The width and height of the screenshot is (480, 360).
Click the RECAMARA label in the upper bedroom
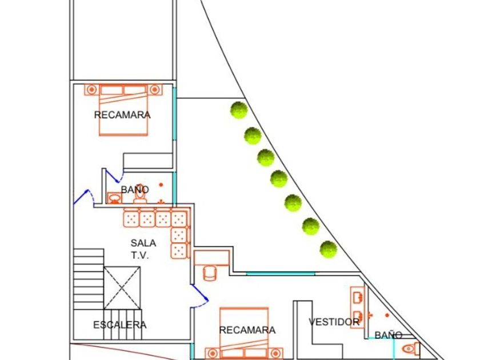coord(122,115)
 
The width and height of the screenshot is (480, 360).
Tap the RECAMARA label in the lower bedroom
coord(247,330)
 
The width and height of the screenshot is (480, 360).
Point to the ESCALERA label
coord(119,325)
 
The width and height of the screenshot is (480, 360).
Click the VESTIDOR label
coord(334,322)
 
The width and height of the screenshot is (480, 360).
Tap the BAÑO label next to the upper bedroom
coord(135,189)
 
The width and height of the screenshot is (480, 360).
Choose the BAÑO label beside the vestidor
coord(388,335)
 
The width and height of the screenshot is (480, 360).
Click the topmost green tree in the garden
coord(238,110)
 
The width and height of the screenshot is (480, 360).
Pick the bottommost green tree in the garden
coord(328,249)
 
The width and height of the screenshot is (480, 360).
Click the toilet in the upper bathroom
coord(140,194)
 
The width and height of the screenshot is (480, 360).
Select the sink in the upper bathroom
coord(114,198)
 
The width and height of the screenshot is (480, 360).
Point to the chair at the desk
coord(210,273)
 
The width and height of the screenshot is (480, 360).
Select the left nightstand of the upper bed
coord(91,89)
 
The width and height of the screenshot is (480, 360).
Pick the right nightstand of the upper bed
coord(154,89)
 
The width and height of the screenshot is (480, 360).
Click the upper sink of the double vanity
coord(357,297)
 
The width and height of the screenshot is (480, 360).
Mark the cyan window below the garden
coord(280,274)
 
